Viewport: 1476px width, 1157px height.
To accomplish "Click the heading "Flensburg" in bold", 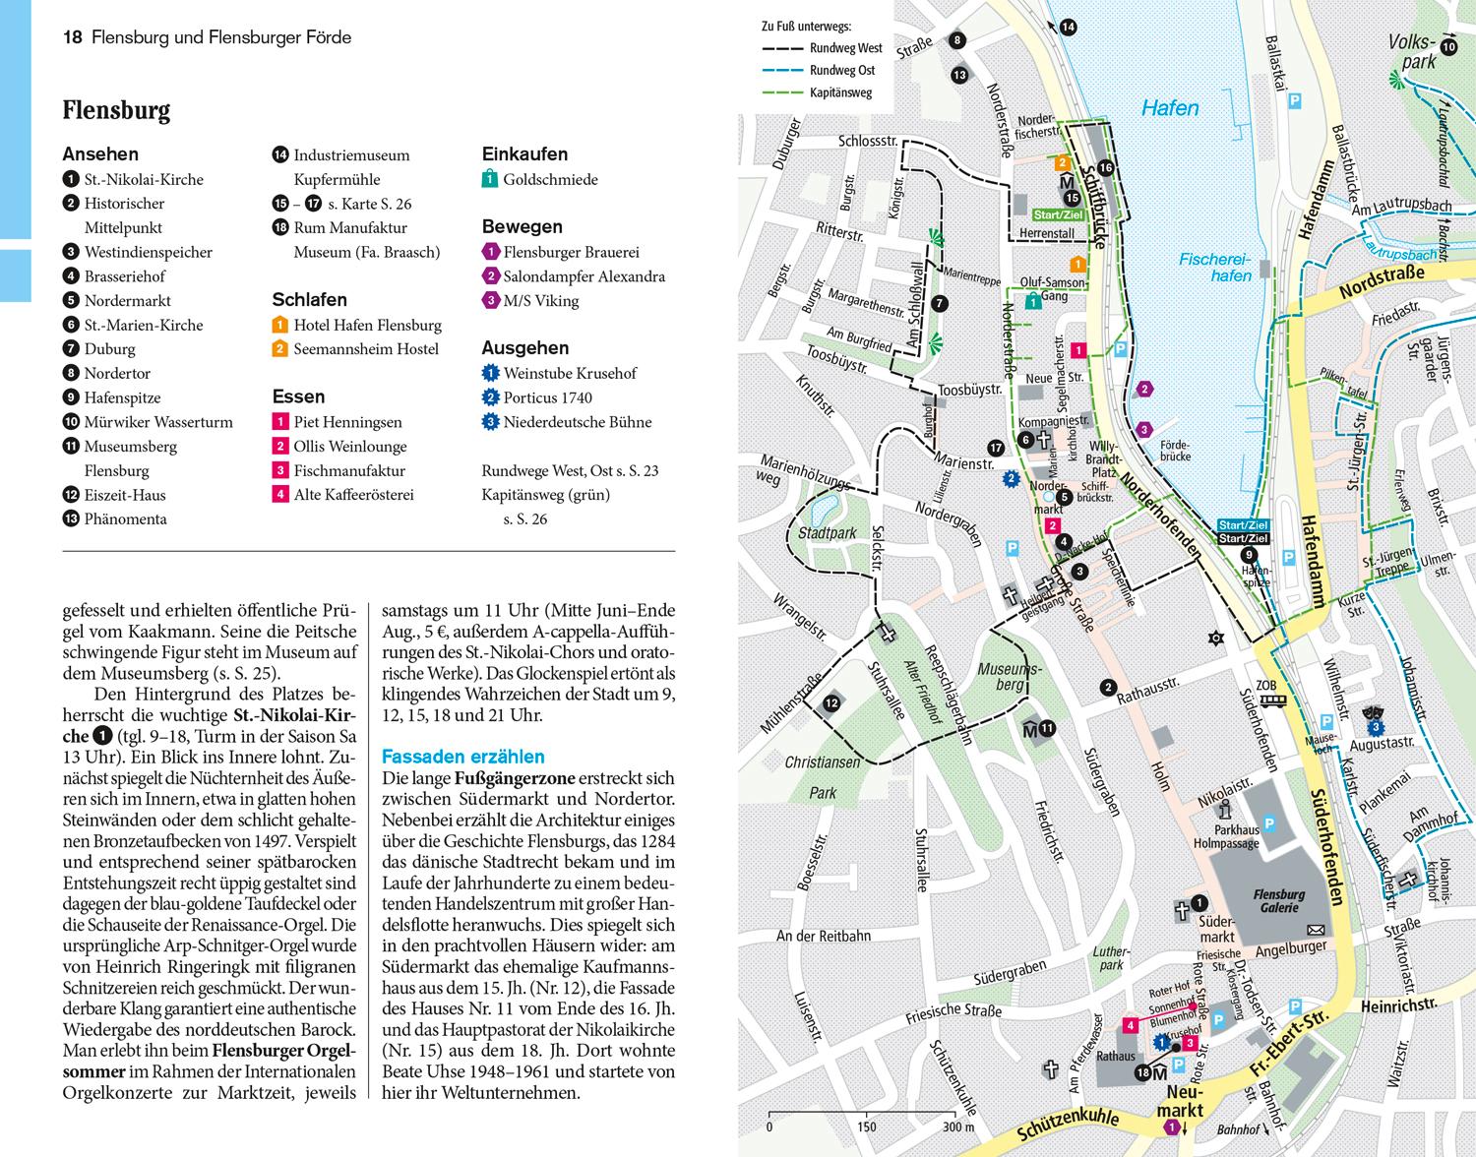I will (116, 110).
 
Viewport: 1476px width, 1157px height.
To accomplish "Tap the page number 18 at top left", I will (72, 38).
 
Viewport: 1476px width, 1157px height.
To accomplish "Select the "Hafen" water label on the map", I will (1170, 108).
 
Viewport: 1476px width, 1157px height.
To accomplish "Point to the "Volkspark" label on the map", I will (1413, 52).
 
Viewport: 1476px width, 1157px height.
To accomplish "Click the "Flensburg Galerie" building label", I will (1278, 901).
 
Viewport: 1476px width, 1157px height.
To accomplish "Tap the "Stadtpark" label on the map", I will (828, 532).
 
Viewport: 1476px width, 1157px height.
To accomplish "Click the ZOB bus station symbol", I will (1274, 700).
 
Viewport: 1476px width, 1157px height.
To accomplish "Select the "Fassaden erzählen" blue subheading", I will (462, 757).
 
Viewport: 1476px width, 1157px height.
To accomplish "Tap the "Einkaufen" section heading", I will (524, 154).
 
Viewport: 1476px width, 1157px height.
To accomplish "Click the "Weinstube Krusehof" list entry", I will (570, 374).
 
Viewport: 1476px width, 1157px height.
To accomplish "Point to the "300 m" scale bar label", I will (956, 1127).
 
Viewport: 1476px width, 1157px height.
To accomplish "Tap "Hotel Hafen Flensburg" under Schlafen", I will (367, 326).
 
